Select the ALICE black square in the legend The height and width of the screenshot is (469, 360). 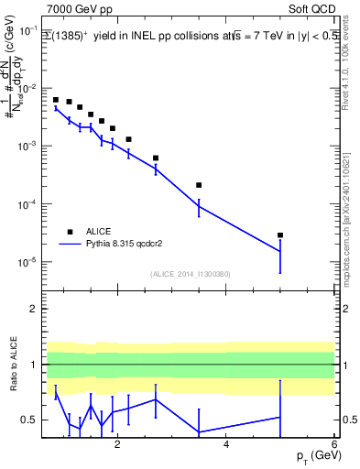coord(69,232)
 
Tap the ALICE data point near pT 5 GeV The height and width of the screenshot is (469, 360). coord(280,235)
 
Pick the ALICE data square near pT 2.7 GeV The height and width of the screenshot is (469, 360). coord(156,158)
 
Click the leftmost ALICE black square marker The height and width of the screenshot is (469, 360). coord(56,100)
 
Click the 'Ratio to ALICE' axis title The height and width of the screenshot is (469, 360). coord(13,365)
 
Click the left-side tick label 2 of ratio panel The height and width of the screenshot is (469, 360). coord(32,309)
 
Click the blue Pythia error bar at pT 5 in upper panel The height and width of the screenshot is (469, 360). coord(280,252)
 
